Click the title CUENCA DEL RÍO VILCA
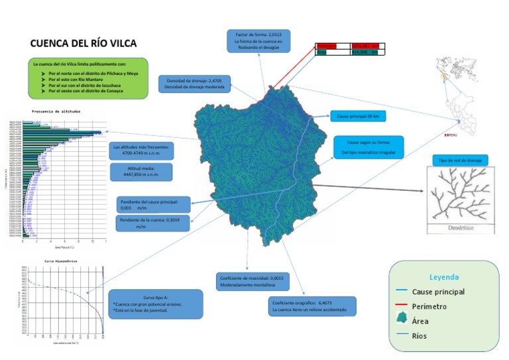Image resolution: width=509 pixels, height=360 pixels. [84, 44]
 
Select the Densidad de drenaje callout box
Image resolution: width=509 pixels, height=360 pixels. [194, 84]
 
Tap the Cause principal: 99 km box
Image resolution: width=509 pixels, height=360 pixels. [357, 116]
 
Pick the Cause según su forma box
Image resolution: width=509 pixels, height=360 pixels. [368, 147]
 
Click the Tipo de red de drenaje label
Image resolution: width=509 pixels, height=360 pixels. [459, 160]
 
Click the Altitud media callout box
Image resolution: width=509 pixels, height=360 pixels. [142, 172]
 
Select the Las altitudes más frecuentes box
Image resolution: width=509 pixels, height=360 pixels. [142, 150]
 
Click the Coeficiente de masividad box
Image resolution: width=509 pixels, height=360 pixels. [251, 281]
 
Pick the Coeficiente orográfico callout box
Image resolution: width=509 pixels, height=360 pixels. [312, 306]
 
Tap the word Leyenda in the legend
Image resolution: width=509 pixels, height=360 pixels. [443, 277]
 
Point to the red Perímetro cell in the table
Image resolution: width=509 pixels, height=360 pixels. [332, 46]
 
